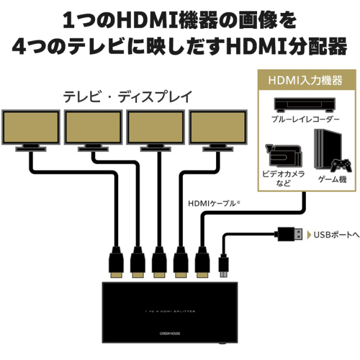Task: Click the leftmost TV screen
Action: point(31,127)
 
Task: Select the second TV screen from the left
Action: point(93,127)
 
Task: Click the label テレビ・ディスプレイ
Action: point(127,96)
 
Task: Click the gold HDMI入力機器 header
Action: point(306,80)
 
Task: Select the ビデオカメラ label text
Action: point(283,174)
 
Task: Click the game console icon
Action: point(329,148)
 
